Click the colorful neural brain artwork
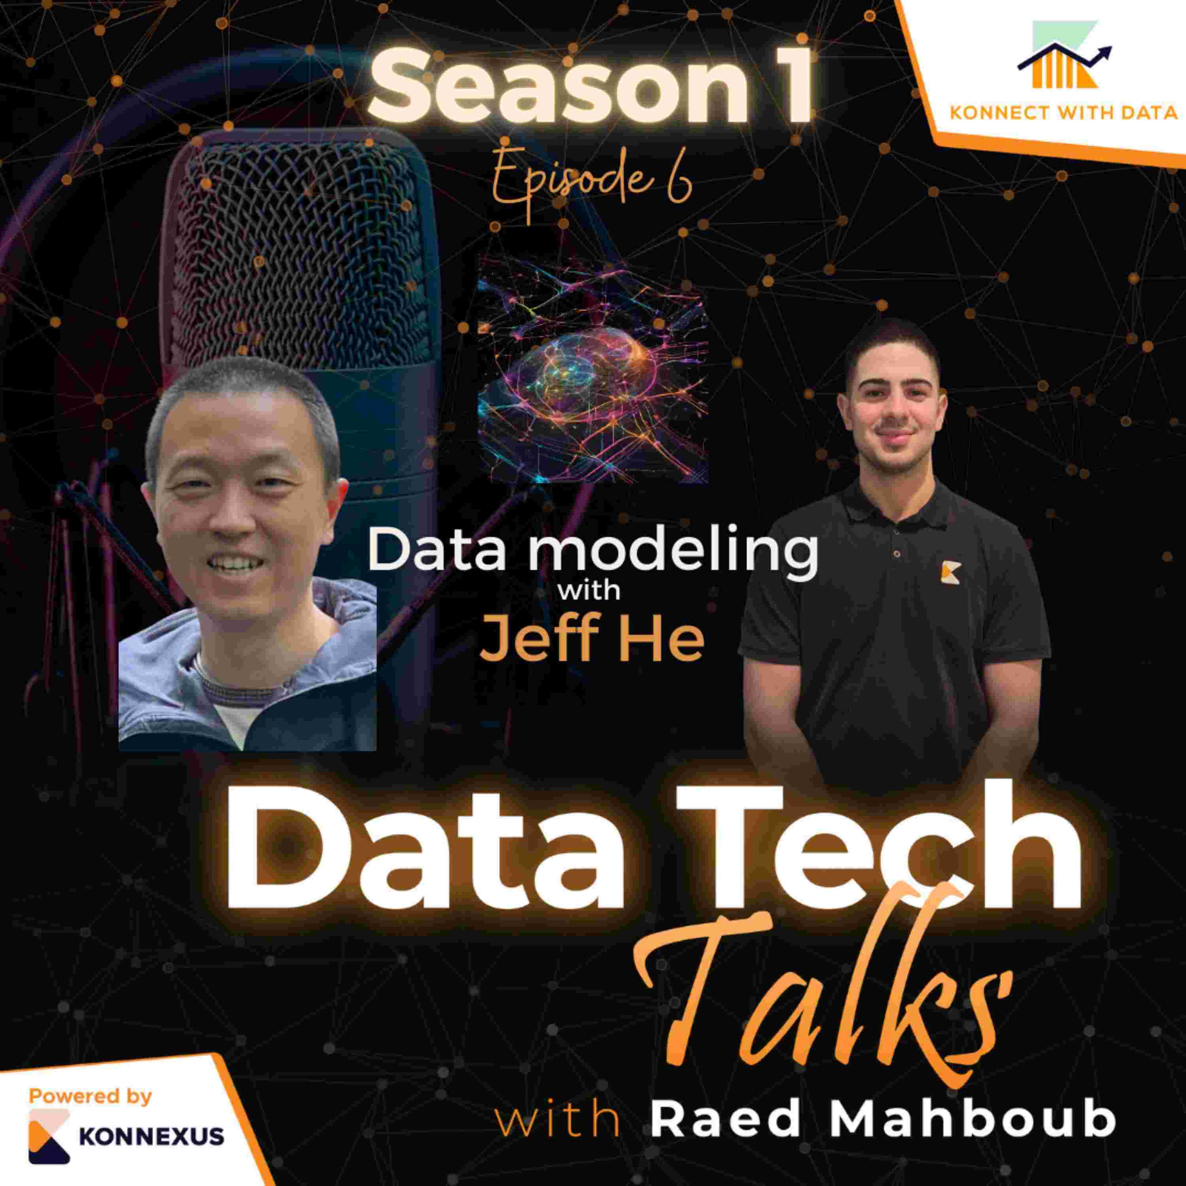pyautogui.click(x=592, y=368)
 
